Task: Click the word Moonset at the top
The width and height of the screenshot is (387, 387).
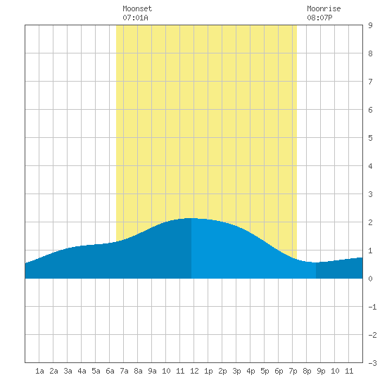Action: [137, 8]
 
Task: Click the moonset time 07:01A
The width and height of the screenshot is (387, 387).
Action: [135, 18]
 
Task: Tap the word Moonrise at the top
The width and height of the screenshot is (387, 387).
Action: [324, 8]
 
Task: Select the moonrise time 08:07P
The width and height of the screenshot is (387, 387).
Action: [319, 18]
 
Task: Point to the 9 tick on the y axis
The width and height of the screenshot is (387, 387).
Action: [370, 25]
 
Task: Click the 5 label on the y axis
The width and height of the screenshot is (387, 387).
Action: [370, 138]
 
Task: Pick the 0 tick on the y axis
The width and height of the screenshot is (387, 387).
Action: [370, 279]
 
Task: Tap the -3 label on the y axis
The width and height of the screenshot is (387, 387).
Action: [372, 363]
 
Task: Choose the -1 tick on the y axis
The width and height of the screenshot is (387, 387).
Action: [372, 307]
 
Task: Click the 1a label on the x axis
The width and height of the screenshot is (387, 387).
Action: [39, 371]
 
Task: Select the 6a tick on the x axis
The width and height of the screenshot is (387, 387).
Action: [110, 371]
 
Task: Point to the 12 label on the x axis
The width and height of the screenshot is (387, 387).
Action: [194, 371]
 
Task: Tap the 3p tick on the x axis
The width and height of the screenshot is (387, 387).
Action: [236, 371]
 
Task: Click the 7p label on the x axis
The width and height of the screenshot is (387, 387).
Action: [293, 371]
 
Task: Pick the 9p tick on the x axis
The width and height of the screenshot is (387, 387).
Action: [321, 371]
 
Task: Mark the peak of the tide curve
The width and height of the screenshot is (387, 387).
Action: [191, 218]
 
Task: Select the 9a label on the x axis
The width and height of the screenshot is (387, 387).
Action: [152, 371]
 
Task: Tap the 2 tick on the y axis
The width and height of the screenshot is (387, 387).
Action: [370, 222]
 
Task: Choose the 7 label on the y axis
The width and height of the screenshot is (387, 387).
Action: [370, 82]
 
